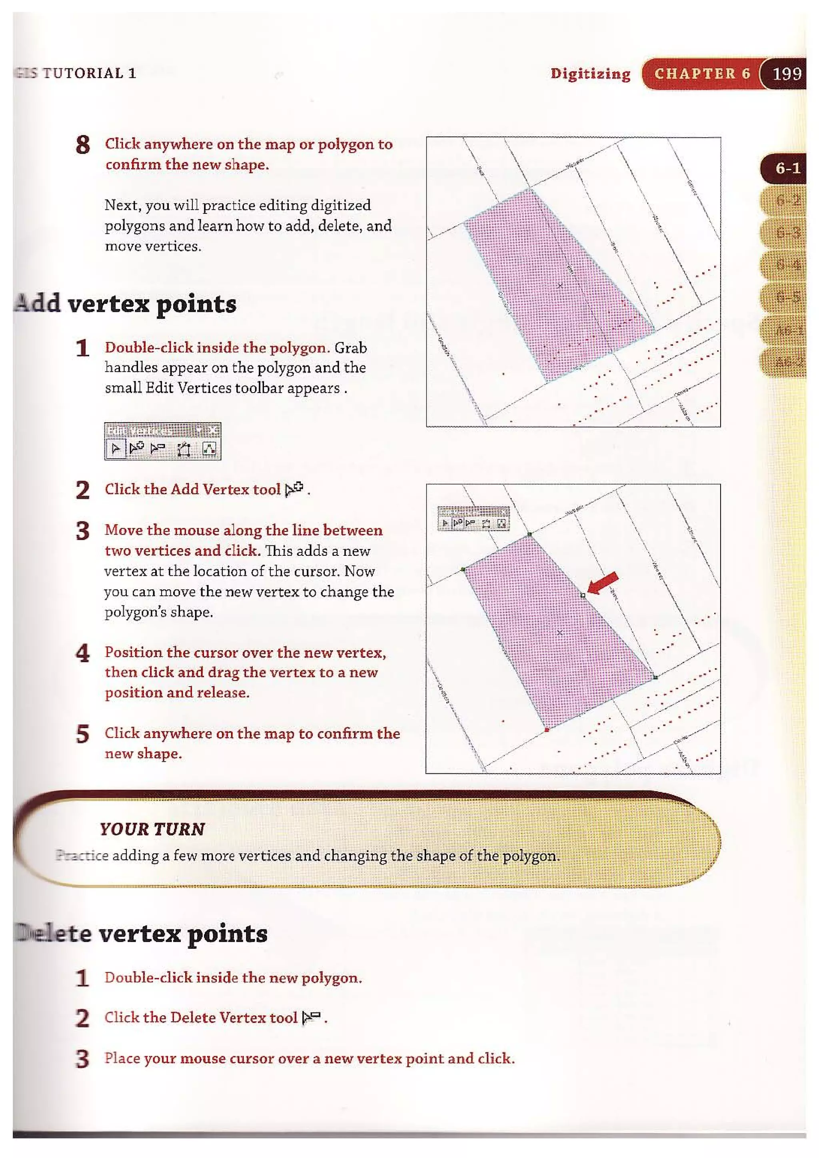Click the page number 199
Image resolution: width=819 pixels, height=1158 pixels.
pos(787,74)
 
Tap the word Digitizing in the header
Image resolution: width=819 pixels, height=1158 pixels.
pos(590,74)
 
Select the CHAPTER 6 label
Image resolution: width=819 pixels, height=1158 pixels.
pos(702,74)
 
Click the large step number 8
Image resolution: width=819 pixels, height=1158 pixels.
pos(83,145)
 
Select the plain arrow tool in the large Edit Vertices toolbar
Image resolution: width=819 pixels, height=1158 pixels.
pos(116,448)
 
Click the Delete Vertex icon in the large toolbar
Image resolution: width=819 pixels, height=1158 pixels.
pos(158,448)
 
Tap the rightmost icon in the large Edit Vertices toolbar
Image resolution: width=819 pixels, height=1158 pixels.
pos(209,448)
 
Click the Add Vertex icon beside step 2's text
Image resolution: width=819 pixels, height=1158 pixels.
pos(294,489)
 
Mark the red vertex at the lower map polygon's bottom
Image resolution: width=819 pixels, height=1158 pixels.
pos(547,730)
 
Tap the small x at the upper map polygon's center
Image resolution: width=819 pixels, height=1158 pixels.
pos(560,286)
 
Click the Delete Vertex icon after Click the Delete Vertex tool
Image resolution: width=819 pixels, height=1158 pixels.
pos(311,1017)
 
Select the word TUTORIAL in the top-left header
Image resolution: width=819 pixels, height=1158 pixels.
pos(83,73)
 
